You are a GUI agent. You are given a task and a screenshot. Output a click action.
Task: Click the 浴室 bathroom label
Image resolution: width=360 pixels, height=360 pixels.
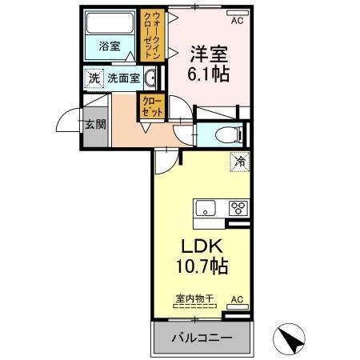point(110,46)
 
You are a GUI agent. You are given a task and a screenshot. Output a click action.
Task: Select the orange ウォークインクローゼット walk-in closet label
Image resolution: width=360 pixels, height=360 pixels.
point(148,36)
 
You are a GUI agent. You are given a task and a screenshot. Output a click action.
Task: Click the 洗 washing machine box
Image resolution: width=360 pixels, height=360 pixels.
point(94,78)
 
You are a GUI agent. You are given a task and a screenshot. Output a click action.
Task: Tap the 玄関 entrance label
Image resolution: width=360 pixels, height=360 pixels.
point(93,125)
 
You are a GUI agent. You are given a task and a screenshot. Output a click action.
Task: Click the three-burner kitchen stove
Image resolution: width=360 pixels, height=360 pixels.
point(237,208)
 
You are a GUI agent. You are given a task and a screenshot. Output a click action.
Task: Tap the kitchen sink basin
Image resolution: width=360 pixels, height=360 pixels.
point(206,209)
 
